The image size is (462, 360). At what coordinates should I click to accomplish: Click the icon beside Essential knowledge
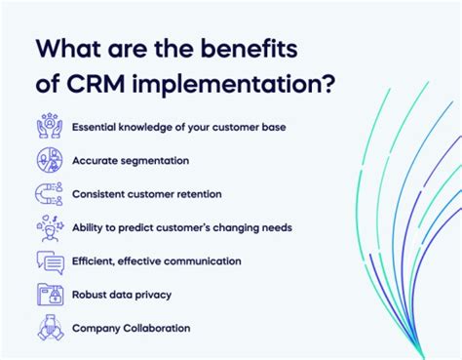(x=48, y=127)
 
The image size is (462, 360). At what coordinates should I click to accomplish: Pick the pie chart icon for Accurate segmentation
(x=48, y=160)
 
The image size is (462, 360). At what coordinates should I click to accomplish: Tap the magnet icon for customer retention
(x=48, y=193)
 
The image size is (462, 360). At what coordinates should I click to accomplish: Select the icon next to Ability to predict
(x=48, y=227)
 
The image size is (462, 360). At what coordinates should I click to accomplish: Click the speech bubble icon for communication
(x=48, y=260)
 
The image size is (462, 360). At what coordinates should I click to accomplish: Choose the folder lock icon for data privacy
(x=48, y=295)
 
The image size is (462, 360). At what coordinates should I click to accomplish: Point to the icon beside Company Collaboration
(x=48, y=328)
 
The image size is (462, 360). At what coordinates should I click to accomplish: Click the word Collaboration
(x=156, y=328)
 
